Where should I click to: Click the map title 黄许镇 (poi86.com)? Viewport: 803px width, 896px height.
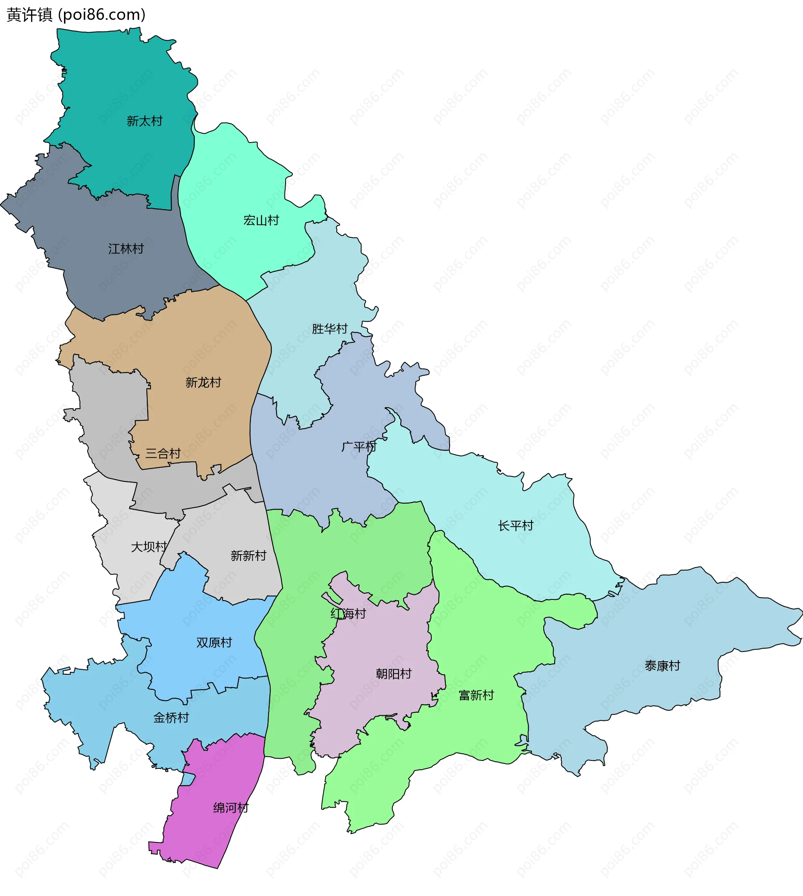click(76, 15)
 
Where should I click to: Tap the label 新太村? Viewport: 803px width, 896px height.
click(145, 121)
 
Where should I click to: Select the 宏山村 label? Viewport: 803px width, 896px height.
click(261, 220)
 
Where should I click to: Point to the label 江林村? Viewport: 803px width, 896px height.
click(126, 249)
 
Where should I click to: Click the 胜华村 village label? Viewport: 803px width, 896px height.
click(330, 329)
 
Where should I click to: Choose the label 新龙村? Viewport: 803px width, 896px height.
click(203, 383)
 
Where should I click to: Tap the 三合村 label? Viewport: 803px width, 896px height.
click(163, 453)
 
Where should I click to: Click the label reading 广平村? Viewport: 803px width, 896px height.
click(359, 447)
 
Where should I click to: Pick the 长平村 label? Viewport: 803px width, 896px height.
click(516, 526)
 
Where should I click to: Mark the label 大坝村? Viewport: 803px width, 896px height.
click(149, 547)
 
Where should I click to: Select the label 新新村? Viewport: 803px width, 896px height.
click(248, 556)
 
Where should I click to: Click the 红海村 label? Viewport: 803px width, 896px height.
click(348, 614)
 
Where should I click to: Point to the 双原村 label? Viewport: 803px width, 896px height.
click(214, 643)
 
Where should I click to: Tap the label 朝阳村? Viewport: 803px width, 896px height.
click(394, 674)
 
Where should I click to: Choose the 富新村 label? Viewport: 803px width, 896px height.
click(476, 696)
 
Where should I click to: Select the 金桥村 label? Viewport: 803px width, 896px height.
click(171, 718)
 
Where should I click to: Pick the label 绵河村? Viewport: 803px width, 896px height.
click(231, 808)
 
